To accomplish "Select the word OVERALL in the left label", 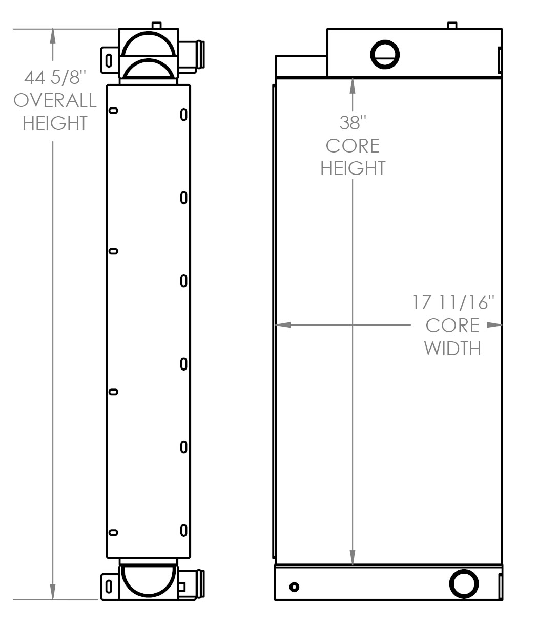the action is pyautogui.click(x=55, y=100).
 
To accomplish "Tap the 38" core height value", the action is pyautogui.click(x=353, y=123).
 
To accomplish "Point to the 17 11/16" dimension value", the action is pyautogui.click(x=453, y=302).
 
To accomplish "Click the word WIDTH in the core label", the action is pyautogui.click(x=452, y=349).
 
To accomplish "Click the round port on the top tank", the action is pyautogui.click(x=385, y=54).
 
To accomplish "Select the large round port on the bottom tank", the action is pyautogui.click(x=464, y=583).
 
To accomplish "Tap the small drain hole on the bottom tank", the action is pyautogui.click(x=294, y=587).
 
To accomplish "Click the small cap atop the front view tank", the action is pyautogui.click(x=452, y=25).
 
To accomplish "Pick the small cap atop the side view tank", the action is pyautogui.click(x=156, y=25).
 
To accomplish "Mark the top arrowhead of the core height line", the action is pyautogui.click(x=353, y=86).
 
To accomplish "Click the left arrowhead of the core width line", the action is pyautogui.click(x=283, y=324).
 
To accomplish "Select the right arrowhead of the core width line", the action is pyautogui.click(x=494, y=324).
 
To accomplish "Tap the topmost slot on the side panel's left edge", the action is pyautogui.click(x=113, y=111).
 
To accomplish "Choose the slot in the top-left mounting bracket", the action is pyautogui.click(x=109, y=60).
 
